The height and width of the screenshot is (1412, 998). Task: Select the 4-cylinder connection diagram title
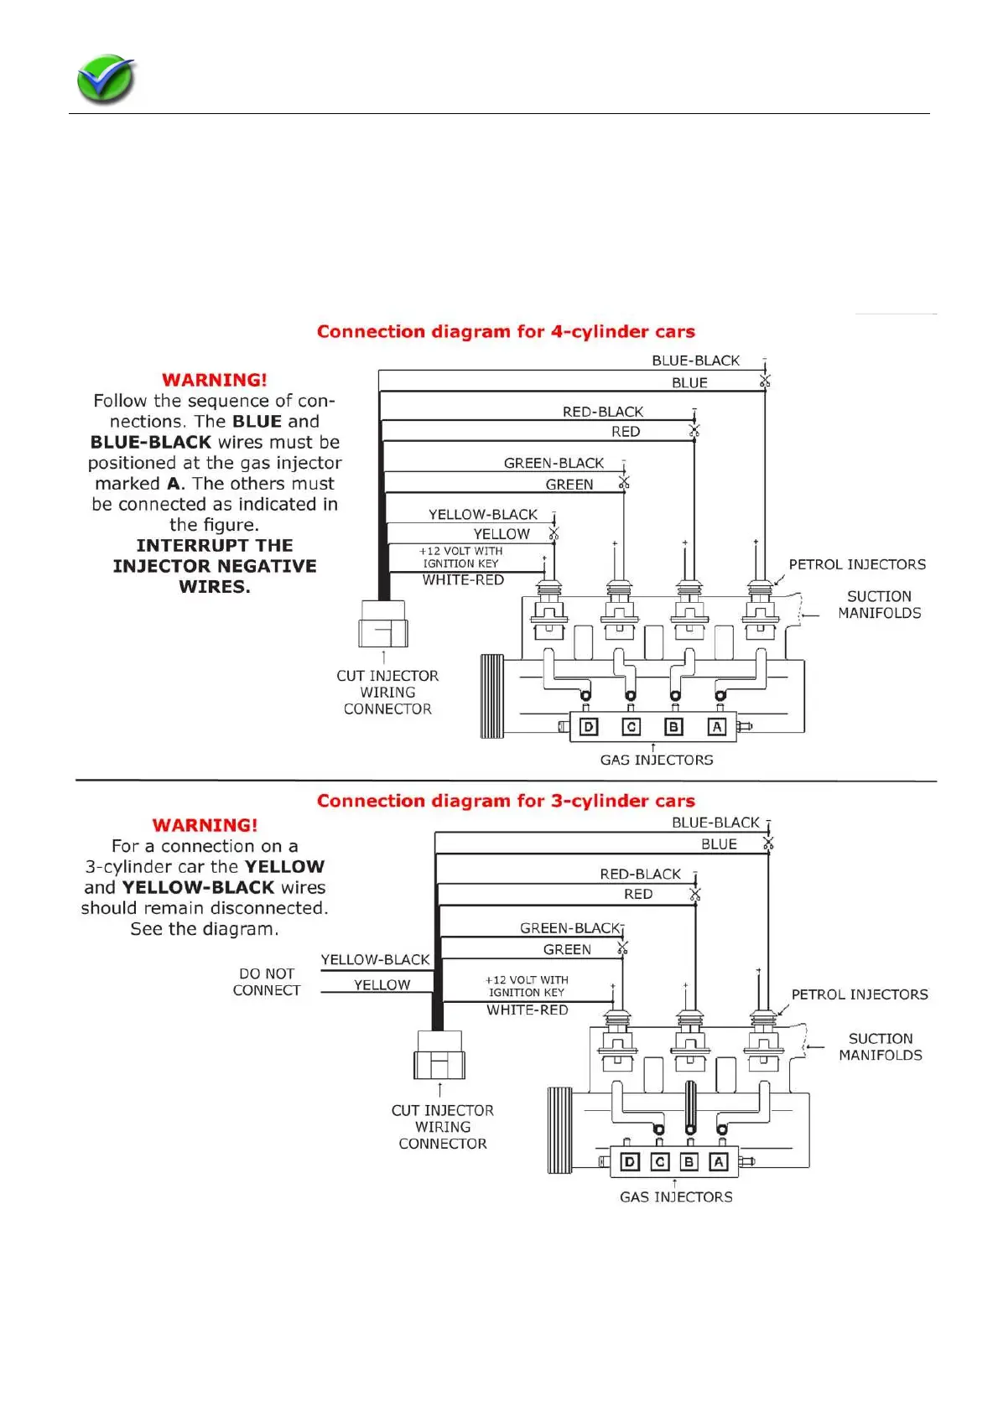506,331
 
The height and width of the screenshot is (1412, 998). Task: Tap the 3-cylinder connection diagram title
506,801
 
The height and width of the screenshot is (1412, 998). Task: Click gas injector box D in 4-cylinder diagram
589,727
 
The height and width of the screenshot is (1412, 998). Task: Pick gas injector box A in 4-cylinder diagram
716,727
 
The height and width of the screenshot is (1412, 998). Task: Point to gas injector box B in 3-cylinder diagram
689,1161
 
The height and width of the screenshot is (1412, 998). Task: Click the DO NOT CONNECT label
266,982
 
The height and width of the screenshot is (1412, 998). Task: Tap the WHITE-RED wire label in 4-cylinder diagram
463,580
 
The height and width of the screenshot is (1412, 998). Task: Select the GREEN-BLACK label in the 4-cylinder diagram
554,463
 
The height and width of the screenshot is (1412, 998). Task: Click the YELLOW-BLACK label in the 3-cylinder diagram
375,959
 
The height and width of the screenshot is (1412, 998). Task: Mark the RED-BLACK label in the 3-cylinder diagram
640,874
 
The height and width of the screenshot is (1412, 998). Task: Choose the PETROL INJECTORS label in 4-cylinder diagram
857,564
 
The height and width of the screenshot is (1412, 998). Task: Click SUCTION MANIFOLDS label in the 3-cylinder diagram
881,1046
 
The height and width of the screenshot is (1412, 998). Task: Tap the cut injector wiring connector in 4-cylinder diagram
383,624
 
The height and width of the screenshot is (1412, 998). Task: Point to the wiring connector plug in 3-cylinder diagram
439,1056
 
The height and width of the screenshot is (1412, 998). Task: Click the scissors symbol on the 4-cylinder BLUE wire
764,382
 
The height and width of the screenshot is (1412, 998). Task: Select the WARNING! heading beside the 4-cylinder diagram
215,380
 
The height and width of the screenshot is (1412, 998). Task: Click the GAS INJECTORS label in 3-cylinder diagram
676,1197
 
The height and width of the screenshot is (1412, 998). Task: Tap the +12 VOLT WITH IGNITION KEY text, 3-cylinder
527,986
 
